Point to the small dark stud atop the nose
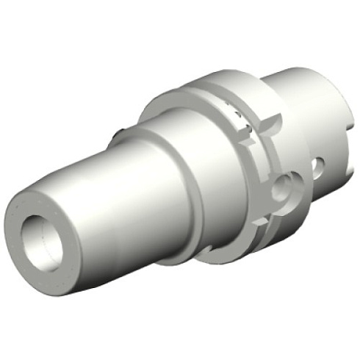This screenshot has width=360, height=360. (118, 134)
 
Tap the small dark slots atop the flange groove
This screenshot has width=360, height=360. (237, 114)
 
